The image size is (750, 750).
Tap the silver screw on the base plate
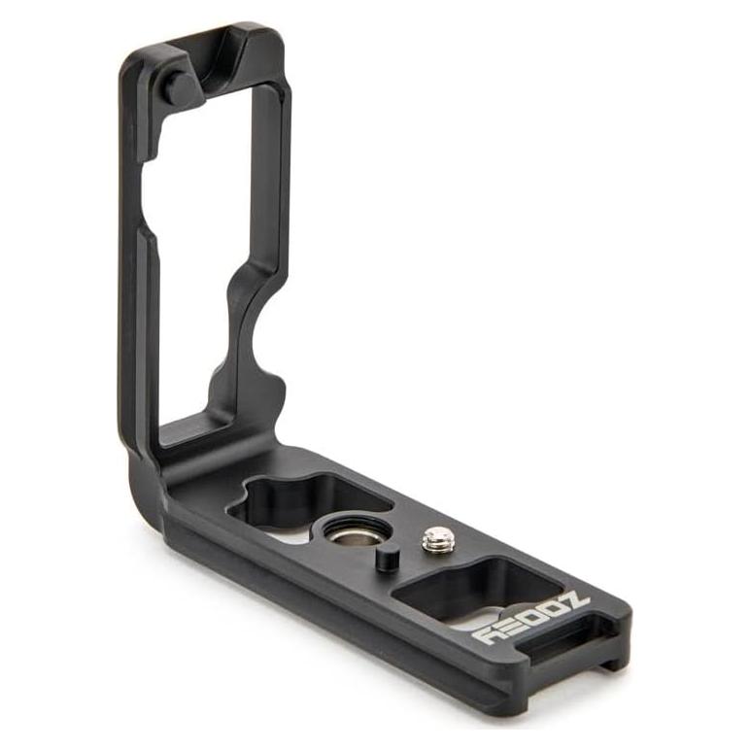[439, 539]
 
